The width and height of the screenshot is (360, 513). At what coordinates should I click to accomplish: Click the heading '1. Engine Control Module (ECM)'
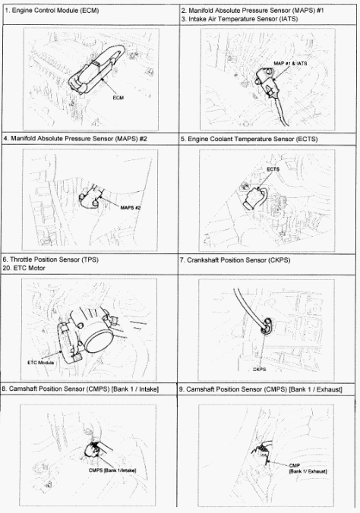point(52,11)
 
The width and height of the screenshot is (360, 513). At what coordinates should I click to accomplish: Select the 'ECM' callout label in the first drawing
point(118,97)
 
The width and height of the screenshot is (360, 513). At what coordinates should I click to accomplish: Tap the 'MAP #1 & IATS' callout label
point(290,63)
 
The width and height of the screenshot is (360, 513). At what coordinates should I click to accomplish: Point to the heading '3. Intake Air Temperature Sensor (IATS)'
point(240,19)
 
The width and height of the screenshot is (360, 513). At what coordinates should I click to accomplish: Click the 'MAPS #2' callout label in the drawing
point(131,207)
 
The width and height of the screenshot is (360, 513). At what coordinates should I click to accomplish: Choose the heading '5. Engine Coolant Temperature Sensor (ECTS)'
point(249,139)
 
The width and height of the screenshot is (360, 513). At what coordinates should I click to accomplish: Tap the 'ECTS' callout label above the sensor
point(273,169)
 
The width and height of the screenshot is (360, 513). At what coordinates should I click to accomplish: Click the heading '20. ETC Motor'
point(24,268)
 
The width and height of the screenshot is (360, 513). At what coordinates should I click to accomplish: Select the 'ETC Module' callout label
point(40,363)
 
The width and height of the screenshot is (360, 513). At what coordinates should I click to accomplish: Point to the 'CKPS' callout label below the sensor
point(259,370)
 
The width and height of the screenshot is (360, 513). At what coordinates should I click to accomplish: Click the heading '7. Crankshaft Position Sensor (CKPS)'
point(235,260)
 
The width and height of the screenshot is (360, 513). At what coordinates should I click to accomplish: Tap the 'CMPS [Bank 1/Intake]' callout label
point(112,471)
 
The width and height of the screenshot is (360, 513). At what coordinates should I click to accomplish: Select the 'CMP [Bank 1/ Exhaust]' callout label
point(308,468)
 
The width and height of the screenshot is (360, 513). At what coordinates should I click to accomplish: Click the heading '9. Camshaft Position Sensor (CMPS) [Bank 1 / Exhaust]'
point(261,389)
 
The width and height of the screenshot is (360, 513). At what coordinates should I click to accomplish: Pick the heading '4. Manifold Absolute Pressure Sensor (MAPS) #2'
point(75,138)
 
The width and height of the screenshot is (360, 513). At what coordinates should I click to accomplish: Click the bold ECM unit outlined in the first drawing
point(96,69)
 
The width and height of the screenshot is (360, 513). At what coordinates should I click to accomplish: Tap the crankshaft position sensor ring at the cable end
point(266,326)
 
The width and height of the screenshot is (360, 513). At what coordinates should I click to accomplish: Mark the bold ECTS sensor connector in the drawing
point(253,199)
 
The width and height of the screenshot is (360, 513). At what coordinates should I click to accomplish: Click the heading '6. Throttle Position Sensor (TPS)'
point(50,260)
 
